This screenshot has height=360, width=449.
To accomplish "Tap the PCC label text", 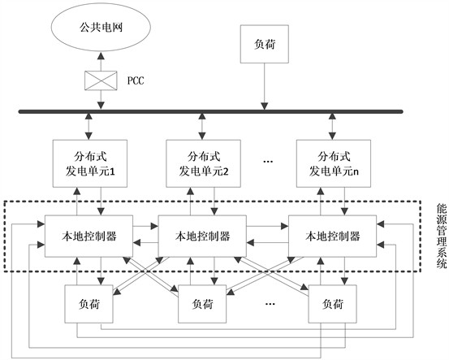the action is (136, 80).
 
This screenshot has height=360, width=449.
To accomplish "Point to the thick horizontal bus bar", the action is (211, 111).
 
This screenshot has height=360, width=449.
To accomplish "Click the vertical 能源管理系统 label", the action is (441, 236).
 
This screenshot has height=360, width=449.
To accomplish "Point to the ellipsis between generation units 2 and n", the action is (268, 162).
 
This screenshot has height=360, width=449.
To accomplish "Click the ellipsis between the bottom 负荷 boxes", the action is (270, 303).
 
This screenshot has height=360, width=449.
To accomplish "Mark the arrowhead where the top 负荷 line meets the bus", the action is (265, 106).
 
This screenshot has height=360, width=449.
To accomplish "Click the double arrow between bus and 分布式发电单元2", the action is (202, 127).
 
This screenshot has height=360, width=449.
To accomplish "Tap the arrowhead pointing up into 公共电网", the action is (101, 55).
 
